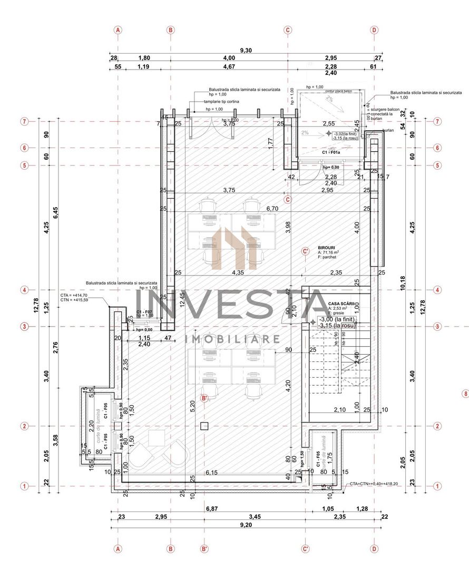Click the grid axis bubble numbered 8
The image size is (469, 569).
[x=465, y=394]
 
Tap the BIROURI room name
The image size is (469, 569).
[x=327, y=247]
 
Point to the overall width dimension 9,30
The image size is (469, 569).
[x=246, y=51]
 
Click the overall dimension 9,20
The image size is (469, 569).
[x=246, y=525]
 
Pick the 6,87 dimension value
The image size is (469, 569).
[x=211, y=508]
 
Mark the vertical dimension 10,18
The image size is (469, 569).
[x=403, y=282]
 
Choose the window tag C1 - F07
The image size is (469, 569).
[x=144, y=312]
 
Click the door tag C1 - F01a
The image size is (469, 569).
[x=331, y=152]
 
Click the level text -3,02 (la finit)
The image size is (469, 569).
[x=345, y=134]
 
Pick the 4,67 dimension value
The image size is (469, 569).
[x=229, y=67]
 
